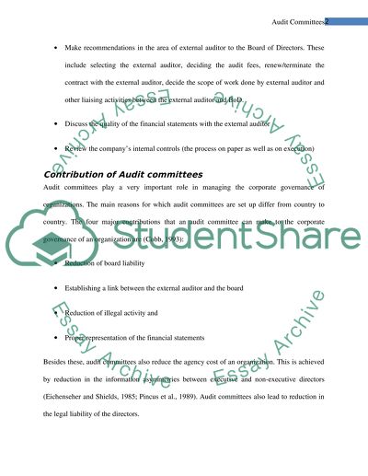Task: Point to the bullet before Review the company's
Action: [58, 148]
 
